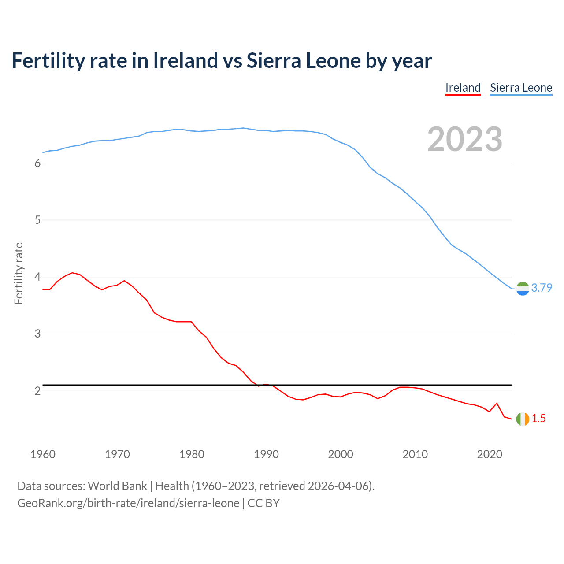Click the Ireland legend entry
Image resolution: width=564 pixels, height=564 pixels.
(x=463, y=88)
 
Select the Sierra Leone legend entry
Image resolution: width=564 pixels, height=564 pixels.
(x=521, y=88)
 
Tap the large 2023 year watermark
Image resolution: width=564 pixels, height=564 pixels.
(x=464, y=139)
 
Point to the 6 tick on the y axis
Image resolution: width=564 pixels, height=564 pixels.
(x=37, y=163)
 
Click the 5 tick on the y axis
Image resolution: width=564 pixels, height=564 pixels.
(x=37, y=220)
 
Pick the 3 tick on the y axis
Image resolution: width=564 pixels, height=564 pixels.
(x=37, y=334)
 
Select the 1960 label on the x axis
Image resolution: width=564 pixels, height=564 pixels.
(x=43, y=454)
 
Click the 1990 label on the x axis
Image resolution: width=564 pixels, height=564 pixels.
(x=266, y=454)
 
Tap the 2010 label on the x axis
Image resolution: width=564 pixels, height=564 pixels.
(x=415, y=454)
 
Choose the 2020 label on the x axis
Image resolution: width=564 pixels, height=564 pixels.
(x=490, y=454)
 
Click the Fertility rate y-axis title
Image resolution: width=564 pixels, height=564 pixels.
(x=19, y=273)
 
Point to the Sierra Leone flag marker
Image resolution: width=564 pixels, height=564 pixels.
(x=523, y=288)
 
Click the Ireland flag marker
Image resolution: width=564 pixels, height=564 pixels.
(x=523, y=419)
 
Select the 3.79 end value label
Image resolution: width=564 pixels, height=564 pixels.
(x=542, y=288)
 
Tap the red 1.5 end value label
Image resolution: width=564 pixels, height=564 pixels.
(x=538, y=419)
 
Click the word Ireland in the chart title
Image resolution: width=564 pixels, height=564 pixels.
(x=185, y=60)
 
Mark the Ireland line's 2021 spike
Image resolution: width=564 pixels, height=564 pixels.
(x=497, y=403)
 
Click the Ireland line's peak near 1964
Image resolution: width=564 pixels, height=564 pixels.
(x=72, y=273)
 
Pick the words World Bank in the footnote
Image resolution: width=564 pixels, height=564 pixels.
(x=117, y=486)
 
